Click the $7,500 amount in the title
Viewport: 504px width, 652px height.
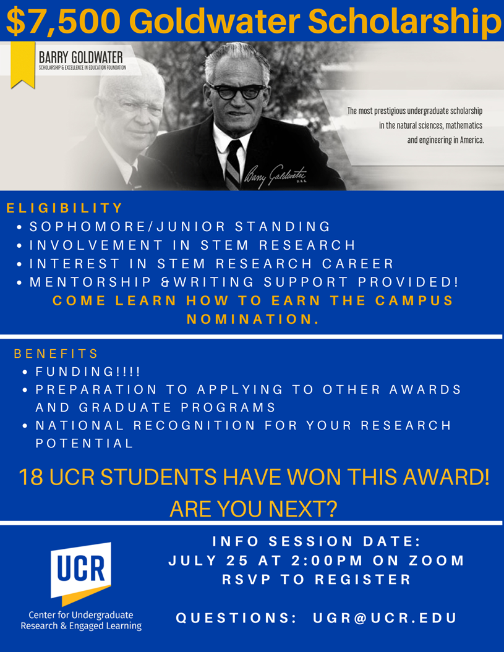pyautogui.click(x=63, y=21)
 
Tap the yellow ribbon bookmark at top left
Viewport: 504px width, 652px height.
pyautogui.click(x=22, y=65)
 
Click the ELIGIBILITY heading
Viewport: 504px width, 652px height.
pyautogui.click(x=64, y=208)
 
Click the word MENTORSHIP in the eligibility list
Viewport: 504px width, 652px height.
pyautogui.click(x=90, y=282)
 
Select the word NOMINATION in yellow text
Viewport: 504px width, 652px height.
pyautogui.click(x=253, y=319)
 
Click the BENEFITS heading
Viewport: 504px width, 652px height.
pyautogui.click(x=56, y=354)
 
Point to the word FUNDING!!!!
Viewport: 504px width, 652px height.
pyautogui.click(x=88, y=371)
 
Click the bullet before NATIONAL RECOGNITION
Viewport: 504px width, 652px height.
pyautogui.click(x=25, y=426)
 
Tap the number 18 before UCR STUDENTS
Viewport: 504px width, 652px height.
pyautogui.click(x=31, y=477)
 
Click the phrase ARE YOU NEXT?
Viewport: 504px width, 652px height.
pyautogui.click(x=253, y=509)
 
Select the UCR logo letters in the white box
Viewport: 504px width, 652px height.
pyautogui.click(x=81, y=569)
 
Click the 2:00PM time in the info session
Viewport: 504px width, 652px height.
pyautogui.click(x=327, y=561)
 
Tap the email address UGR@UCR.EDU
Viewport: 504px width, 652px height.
pyautogui.click(x=385, y=618)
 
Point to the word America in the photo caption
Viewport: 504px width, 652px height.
pyautogui.click(x=472, y=140)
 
